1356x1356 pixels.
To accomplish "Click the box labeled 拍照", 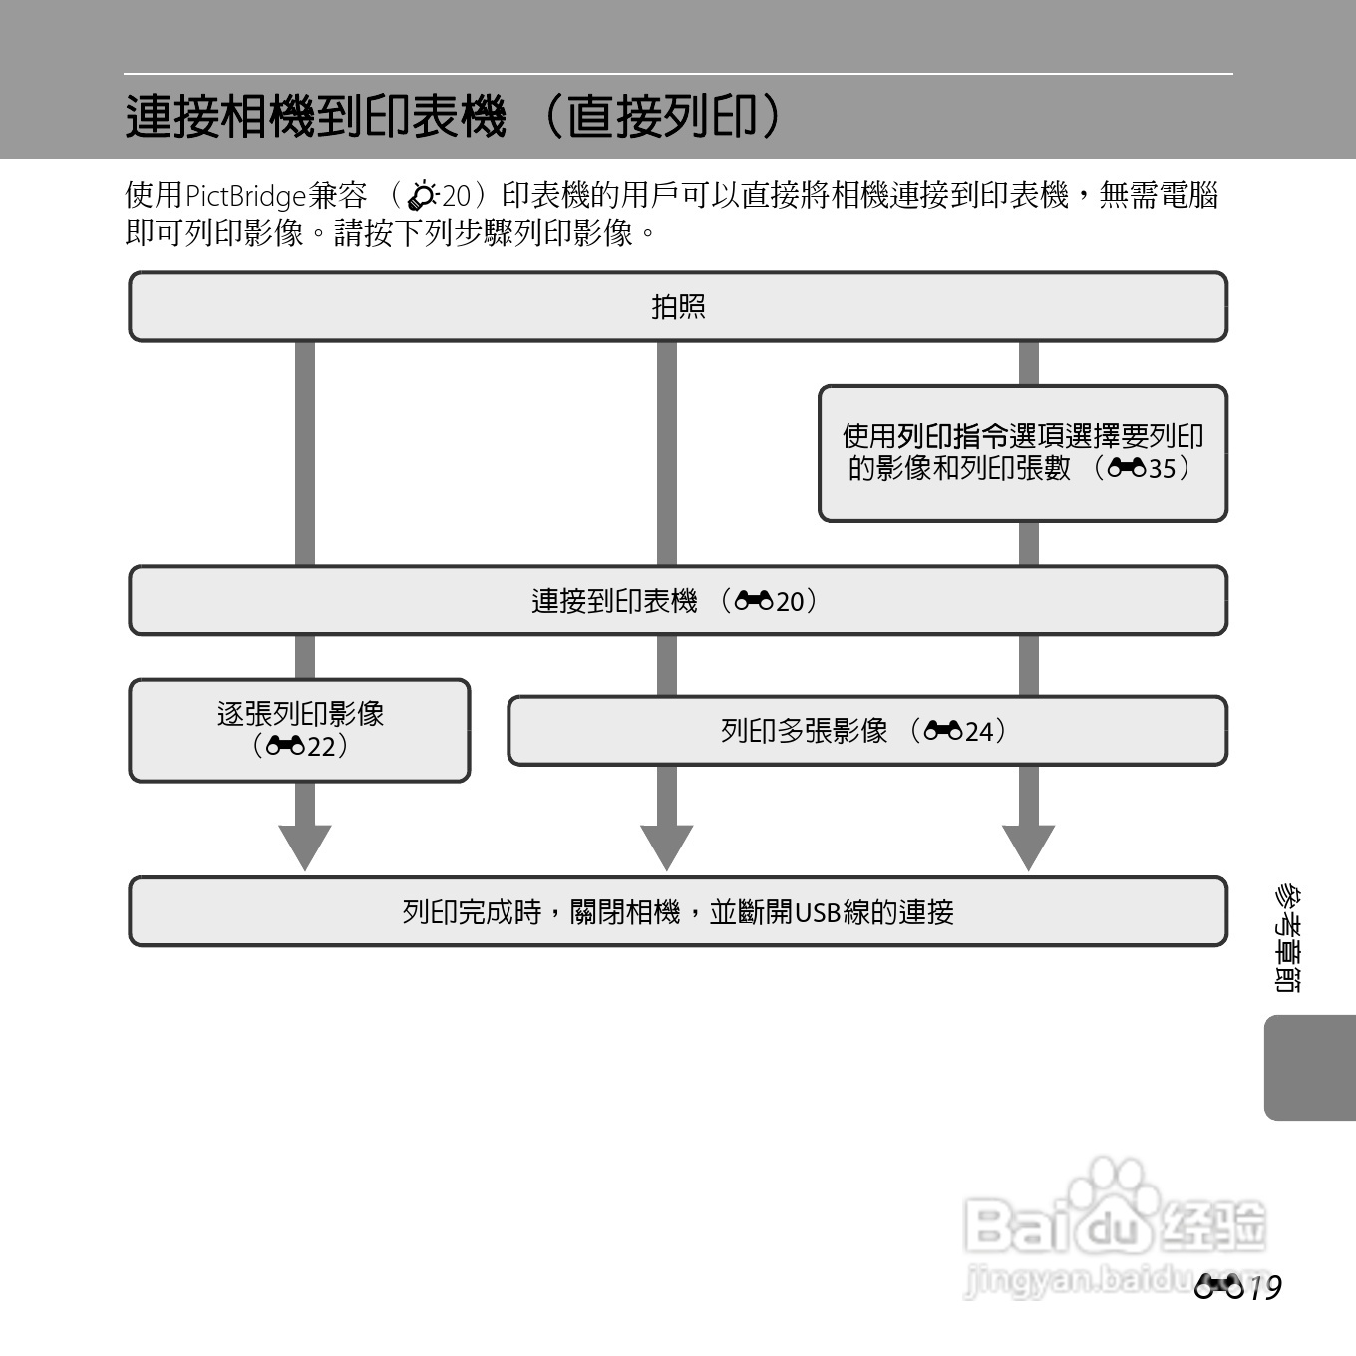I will tap(678, 306).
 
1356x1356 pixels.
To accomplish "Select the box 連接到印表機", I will tap(678, 600).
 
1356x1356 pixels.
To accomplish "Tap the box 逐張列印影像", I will tap(299, 730).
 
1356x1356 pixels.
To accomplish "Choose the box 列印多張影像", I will tap(867, 731).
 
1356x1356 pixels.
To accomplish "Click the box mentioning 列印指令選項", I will tap(1023, 453).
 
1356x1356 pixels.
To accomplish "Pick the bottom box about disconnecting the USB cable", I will tap(678, 911).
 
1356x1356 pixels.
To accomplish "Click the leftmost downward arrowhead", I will tap(305, 847).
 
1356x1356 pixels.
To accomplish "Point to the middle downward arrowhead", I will tap(667, 847).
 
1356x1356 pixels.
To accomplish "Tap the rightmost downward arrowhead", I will tap(1029, 847).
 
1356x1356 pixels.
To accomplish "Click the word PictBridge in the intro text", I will tap(246, 196).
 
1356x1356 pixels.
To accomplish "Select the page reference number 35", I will tap(1162, 468).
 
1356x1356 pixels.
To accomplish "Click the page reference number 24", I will tap(979, 732).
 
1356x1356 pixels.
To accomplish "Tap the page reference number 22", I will tap(321, 746).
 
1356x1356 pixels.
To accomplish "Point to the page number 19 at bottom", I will tap(1264, 1288).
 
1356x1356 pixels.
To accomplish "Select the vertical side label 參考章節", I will tap(1285, 938).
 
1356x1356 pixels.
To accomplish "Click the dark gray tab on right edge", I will tap(1310, 1067).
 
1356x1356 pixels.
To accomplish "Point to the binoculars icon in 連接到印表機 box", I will tap(754, 601).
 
